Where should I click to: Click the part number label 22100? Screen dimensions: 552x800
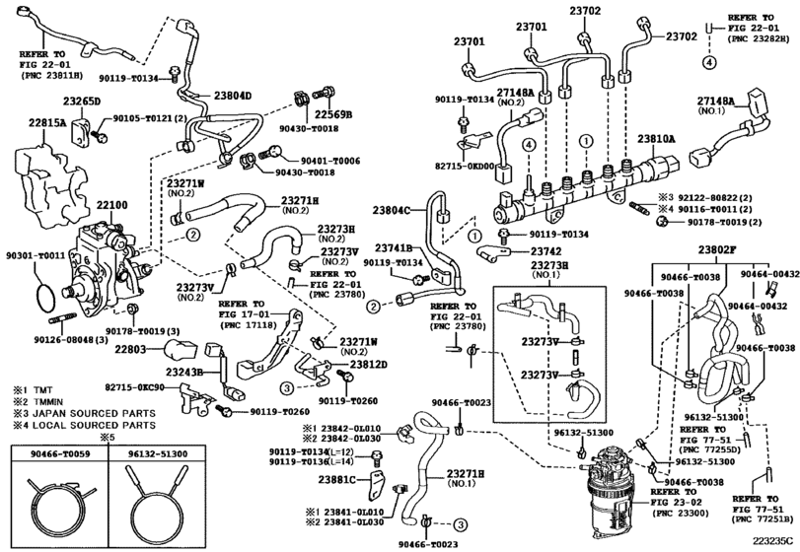(x=111, y=204)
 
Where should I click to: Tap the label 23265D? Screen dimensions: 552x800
(x=83, y=102)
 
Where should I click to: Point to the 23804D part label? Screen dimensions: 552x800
(x=233, y=96)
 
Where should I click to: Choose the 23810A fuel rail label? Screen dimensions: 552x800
(x=657, y=139)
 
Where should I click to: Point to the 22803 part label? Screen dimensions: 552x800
(x=130, y=349)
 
